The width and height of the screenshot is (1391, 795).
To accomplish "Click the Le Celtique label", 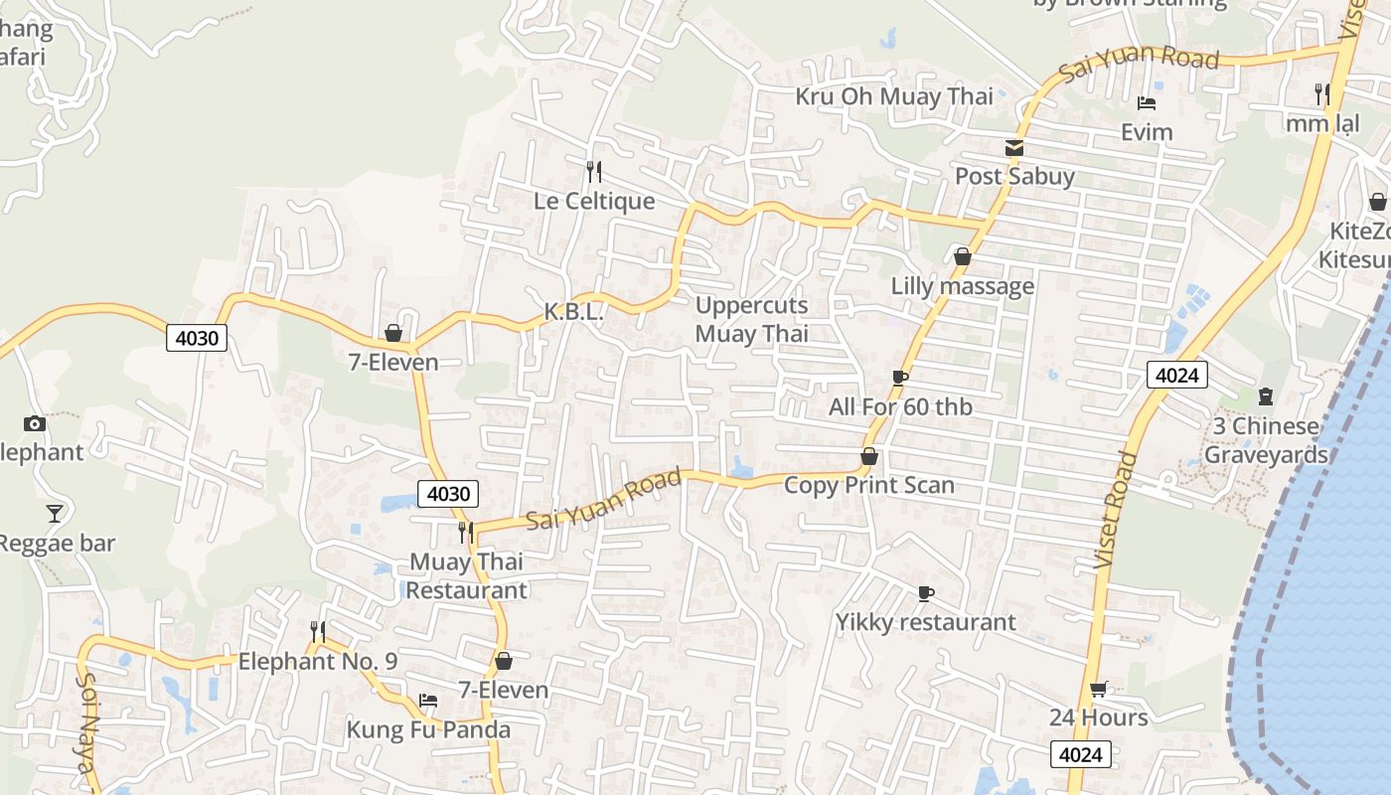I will pyautogui.click(x=594, y=201).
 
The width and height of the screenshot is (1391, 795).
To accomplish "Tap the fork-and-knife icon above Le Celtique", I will pyautogui.click(x=593, y=172).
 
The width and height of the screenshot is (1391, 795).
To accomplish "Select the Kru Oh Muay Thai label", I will pyautogui.click(x=893, y=96).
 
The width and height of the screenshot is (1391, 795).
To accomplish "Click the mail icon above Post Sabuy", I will pyautogui.click(x=1013, y=148).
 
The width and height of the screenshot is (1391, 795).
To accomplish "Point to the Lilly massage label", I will pyautogui.click(x=962, y=286).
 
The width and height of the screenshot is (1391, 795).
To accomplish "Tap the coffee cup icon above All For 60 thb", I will pyautogui.click(x=899, y=378).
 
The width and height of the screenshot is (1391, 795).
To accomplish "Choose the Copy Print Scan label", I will pyautogui.click(x=868, y=485).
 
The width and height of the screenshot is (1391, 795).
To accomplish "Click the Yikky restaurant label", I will pyautogui.click(x=925, y=622).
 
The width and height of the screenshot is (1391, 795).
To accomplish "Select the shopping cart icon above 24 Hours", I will pyautogui.click(x=1098, y=689).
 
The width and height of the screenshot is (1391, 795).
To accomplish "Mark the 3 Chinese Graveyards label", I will pyautogui.click(x=1266, y=440).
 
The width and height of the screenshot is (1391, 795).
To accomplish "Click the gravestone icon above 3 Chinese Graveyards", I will pyautogui.click(x=1265, y=397).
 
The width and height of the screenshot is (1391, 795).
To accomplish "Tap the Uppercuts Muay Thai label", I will pyautogui.click(x=751, y=319).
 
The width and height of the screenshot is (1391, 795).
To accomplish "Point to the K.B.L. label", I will pyautogui.click(x=573, y=311).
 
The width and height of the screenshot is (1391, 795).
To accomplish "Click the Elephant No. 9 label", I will pyautogui.click(x=317, y=661).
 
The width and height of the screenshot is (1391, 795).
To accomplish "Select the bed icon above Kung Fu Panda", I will pyautogui.click(x=427, y=701).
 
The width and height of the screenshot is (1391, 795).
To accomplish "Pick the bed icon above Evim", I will pyautogui.click(x=1146, y=102).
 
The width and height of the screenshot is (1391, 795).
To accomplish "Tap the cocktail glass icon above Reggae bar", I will pyautogui.click(x=55, y=514).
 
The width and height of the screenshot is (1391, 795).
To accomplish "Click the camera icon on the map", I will pyautogui.click(x=35, y=424).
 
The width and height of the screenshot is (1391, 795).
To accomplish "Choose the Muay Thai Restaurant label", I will pyautogui.click(x=466, y=575).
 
